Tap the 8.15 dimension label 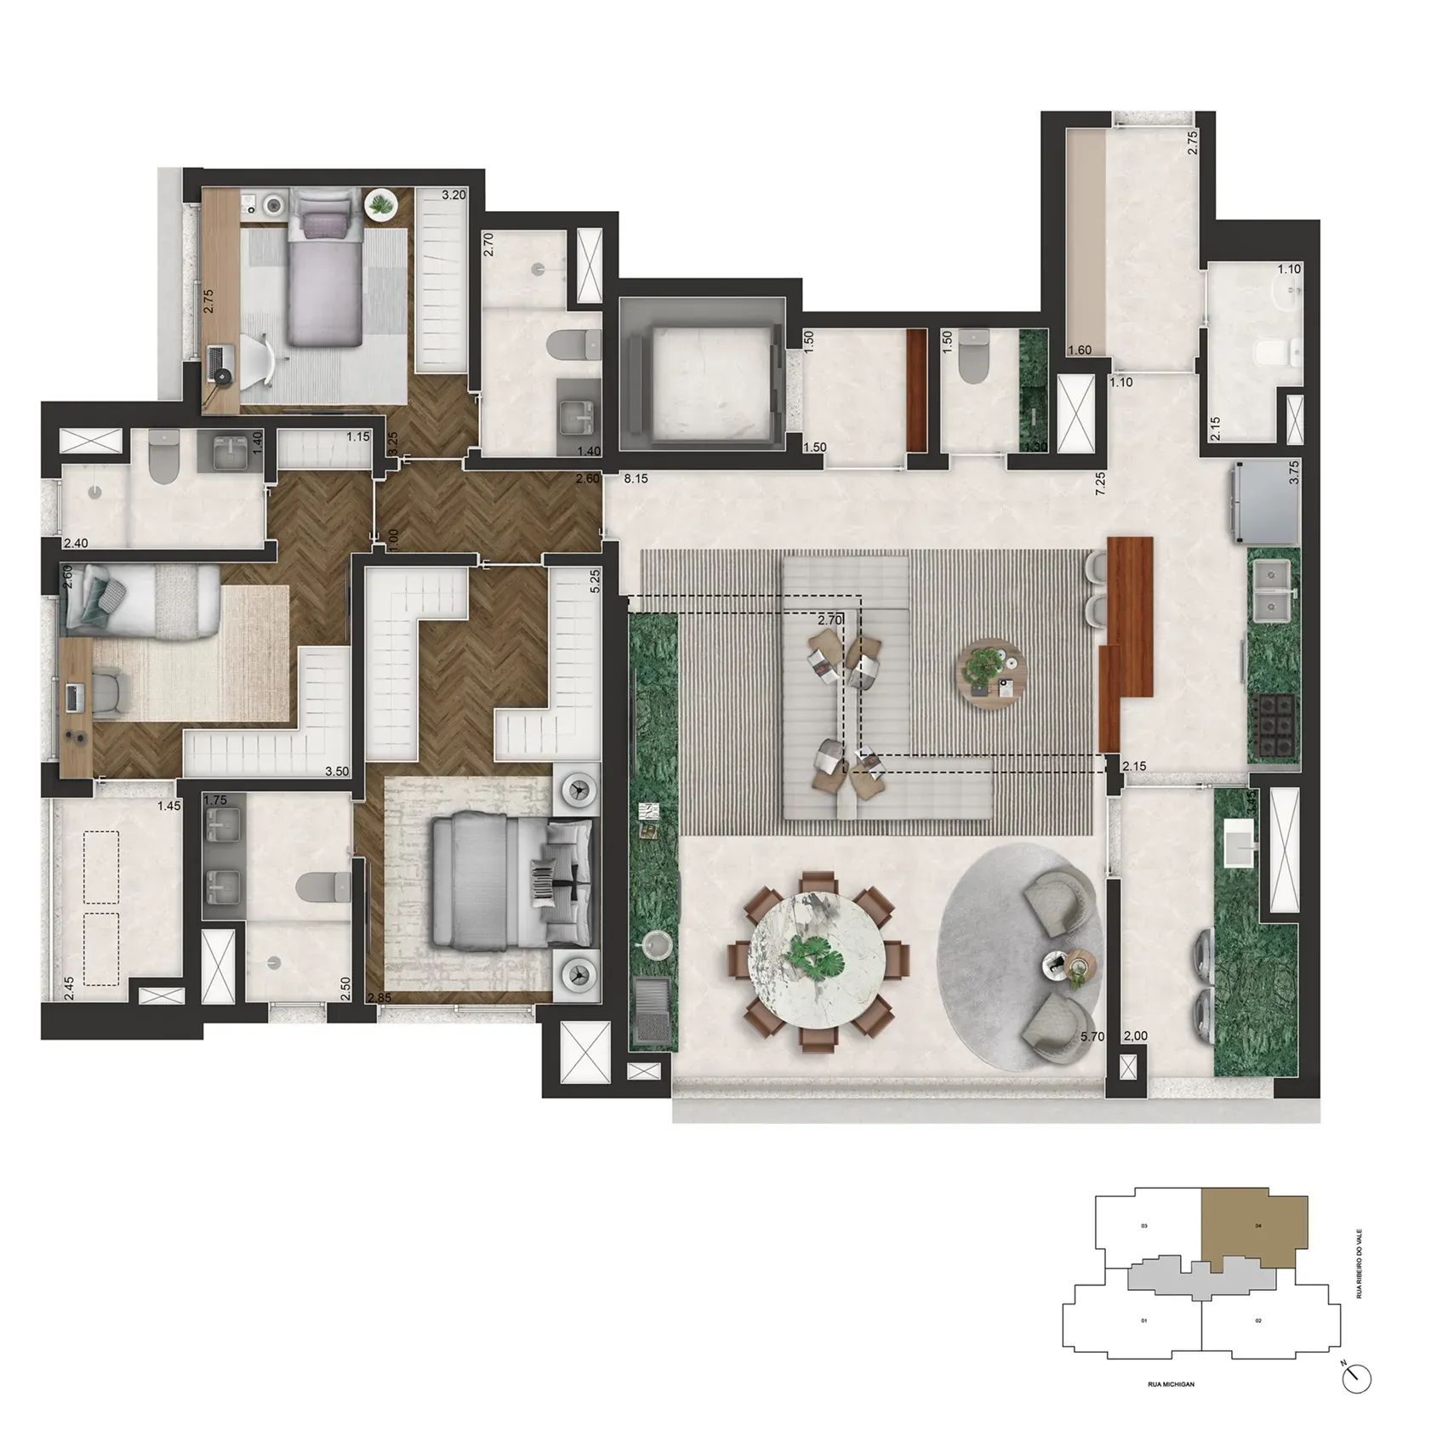(636, 479)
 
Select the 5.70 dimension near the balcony (1092, 1036)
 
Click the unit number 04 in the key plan (1258, 1226)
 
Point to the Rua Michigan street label (1171, 1384)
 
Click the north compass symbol (1358, 1379)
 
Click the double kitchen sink (1273, 592)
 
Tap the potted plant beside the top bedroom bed (380, 205)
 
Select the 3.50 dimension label (339, 773)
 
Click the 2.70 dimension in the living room (830, 620)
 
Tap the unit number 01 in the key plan (1144, 1320)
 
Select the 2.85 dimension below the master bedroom (379, 998)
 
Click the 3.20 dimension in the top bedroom (453, 195)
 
